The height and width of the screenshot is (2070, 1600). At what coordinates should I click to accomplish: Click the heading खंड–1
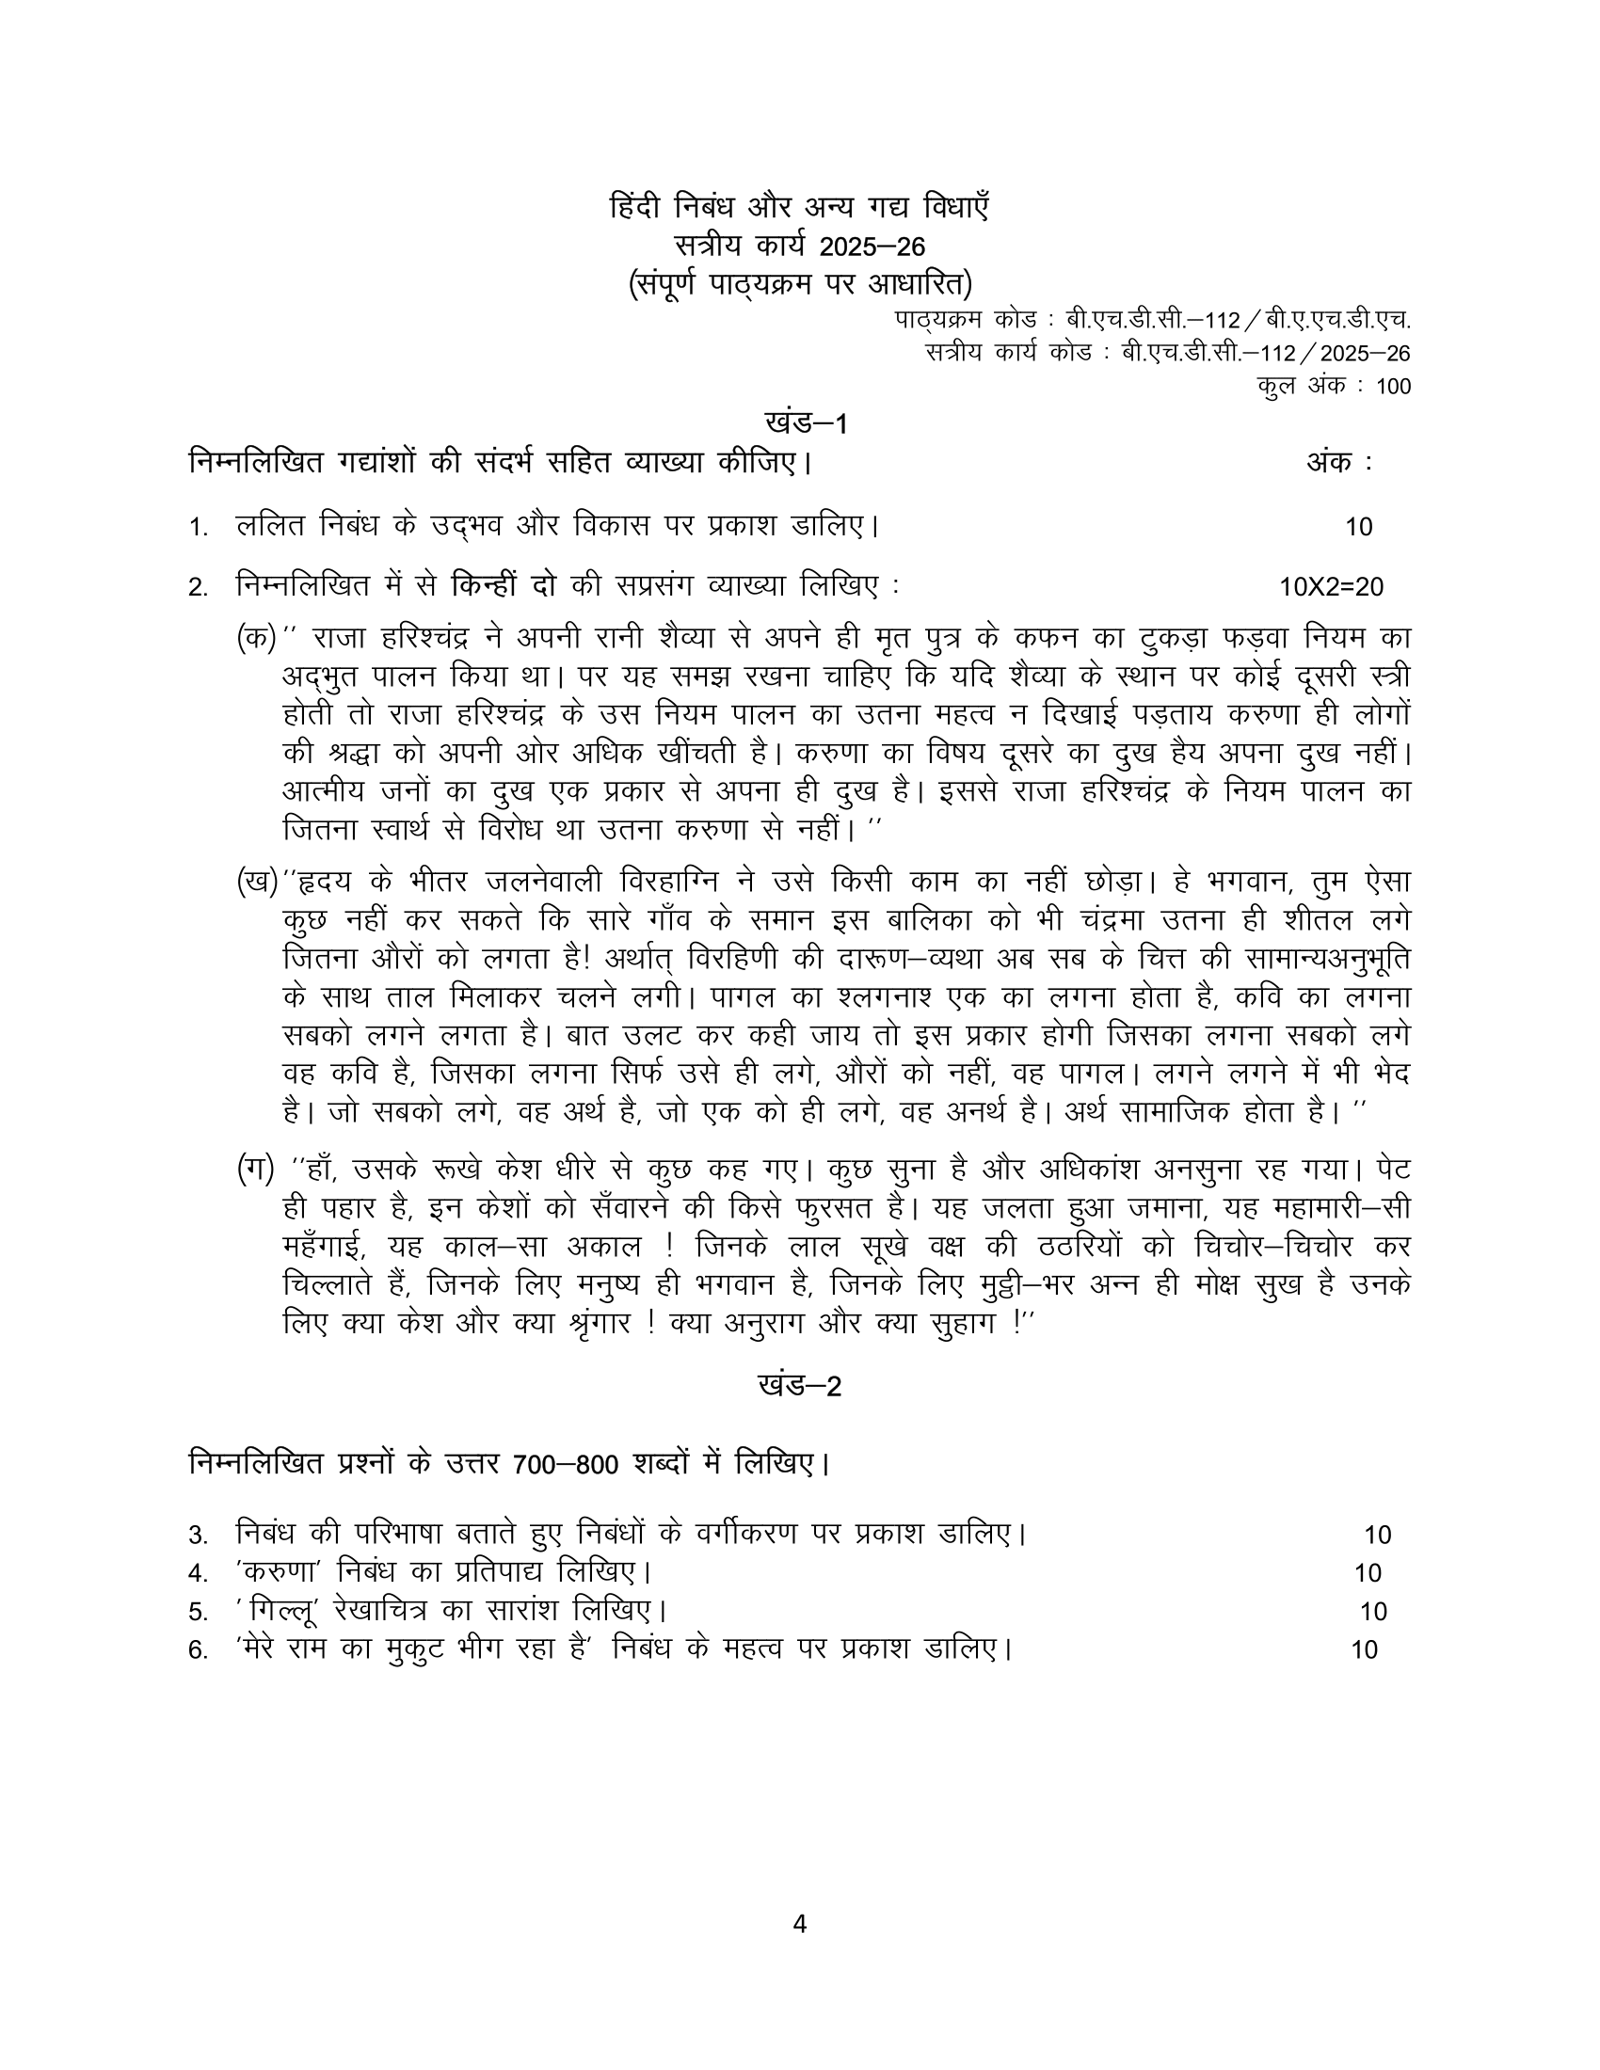pos(805,423)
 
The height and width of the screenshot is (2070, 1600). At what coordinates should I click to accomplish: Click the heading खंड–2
pos(800,1387)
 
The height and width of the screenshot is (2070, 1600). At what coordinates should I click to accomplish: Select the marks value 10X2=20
pos(1331,588)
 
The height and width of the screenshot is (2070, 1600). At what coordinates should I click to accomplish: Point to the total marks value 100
pos(1390,387)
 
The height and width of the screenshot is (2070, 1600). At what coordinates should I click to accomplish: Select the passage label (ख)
pos(256,882)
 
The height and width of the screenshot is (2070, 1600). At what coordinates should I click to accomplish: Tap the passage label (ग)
pos(255,1170)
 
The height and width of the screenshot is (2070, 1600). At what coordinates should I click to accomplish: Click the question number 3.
pos(197,1535)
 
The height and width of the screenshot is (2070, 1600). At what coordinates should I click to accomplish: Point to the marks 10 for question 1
pos(1358,527)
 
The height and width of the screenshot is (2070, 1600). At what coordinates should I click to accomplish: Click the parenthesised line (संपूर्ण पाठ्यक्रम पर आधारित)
pos(800,284)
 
